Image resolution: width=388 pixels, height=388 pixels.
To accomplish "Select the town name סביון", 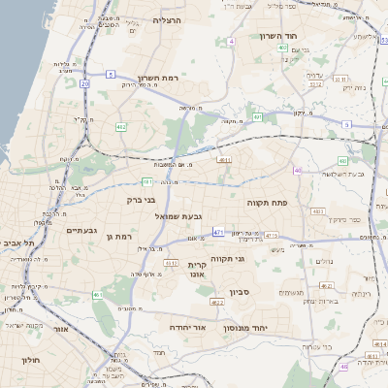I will point(241,291).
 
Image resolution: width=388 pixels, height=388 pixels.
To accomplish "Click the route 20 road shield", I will point(84,84).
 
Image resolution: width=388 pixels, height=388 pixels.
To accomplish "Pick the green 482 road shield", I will point(121,126).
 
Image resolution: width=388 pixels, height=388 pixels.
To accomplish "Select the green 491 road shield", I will point(257,117).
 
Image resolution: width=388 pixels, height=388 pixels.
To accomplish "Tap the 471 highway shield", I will point(219,233).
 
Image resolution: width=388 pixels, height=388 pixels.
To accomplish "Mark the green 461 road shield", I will point(98,295).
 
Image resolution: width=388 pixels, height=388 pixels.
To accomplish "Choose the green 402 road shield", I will point(280,47).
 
